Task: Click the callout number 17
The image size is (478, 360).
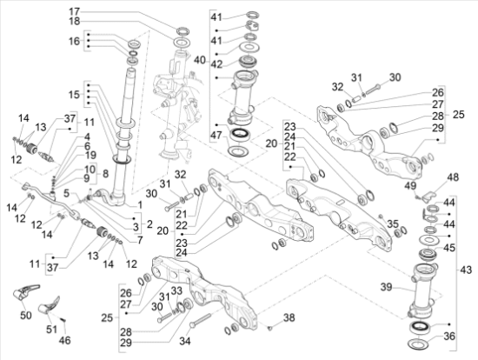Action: (x=74, y=11)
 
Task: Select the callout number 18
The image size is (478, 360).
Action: (x=74, y=21)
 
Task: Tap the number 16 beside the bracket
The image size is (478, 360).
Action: (x=74, y=41)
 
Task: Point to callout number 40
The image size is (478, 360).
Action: (x=200, y=60)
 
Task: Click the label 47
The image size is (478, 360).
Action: (x=216, y=135)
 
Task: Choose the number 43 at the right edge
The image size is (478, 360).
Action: (x=466, y=270)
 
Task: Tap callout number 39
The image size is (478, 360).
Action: (x=386, y=287)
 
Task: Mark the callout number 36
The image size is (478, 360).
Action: (x=449, y=337)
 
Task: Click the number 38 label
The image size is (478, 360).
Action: (x=289, y=317)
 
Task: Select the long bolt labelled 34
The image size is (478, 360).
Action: (x=200, y=321)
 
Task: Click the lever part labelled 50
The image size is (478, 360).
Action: (x=25, y=291)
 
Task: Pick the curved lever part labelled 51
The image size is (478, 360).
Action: (x=50, y=305)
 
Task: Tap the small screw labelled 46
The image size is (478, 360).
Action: (x=63, y=320)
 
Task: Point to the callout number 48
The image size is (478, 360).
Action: (x=454, y=177)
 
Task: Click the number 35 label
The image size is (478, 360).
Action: (x=393, y=224)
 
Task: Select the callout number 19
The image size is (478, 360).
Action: (x=90, y=155)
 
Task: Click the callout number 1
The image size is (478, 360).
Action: (x=140, y=205)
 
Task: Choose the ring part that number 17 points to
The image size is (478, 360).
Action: (x=183, y=30)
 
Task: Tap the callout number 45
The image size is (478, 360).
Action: (x=449, y=248)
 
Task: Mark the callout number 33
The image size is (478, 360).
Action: (x=176, y=290)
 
